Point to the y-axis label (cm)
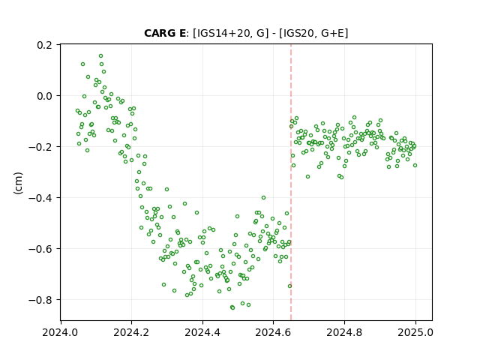click(18, 183)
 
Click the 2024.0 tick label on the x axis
click(60, 332)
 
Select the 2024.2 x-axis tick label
click(131, 332)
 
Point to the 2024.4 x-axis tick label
click(202, 332)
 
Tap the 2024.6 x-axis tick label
click(273, 332)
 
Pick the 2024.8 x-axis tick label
click(344, 332)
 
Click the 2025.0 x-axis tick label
click(415, 332)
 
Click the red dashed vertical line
click(291, 182)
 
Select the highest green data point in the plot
click(100, 56)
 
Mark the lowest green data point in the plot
click(232, 307)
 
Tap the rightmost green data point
click(415, 165)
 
